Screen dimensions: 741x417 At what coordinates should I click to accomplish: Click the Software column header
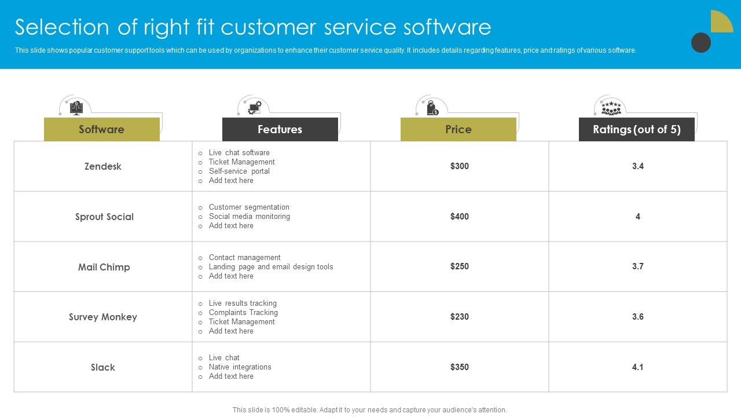[x=101, y=129]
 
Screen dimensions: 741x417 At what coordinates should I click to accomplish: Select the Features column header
[x=280, y=129]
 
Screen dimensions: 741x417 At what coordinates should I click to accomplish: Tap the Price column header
[x=458, y=129]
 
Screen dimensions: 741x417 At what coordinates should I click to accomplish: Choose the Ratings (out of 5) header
[x=636, y=129]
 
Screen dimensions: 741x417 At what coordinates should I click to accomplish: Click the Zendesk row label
[x=103, y=166]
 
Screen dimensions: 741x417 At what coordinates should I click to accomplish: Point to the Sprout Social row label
[x=104, y=217]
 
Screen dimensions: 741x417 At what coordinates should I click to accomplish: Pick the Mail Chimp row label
[x=104, y=267]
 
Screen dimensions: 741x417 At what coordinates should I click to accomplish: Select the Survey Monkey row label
[x=103, y=317]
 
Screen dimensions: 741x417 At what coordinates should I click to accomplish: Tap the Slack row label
[x=103, y=367]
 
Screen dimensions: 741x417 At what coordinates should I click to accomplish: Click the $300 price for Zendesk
[x=460, y=166]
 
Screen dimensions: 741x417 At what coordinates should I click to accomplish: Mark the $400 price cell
[x=460, y=217]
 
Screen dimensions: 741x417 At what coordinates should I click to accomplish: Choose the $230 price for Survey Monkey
[x=460, y=317]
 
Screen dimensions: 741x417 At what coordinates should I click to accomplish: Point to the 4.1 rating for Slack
[x=637, y=367]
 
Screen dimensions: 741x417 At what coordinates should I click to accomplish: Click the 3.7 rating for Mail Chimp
[x=637, y=266]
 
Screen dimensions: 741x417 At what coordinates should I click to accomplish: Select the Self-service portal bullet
[x=239, y=171]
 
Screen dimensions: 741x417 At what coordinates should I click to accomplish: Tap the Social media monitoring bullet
[x=249, y=216]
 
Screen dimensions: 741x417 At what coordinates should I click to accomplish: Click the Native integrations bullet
[x=240, y=367]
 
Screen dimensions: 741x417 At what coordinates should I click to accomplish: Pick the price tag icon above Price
[x=432, y=108]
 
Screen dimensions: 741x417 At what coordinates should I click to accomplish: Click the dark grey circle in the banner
[x=701, y=43]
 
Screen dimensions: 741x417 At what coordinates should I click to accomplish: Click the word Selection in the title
[x=62, y=27]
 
